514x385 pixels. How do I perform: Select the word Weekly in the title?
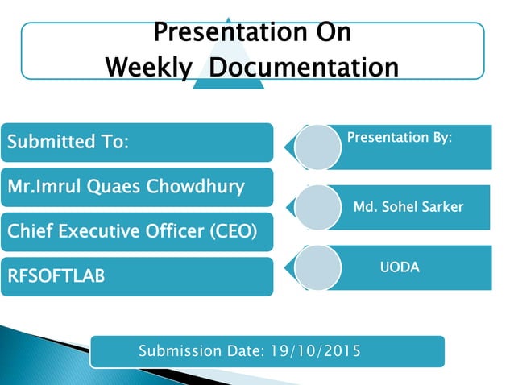(x=147, y=68)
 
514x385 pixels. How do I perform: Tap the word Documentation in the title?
(x=304, y=68)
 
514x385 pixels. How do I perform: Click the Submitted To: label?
(x=68, y=143)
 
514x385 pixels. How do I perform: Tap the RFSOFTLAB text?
(x=56, y=276)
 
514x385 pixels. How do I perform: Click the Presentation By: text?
(x=399, y=138)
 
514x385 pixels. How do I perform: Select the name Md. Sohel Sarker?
(x=408, y=207)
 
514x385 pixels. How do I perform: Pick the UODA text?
(x=400, y=267)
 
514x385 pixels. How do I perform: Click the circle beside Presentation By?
(x=317, y=147)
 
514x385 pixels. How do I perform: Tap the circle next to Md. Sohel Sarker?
(x=317, y=207)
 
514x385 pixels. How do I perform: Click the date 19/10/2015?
(x=315, y=351)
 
